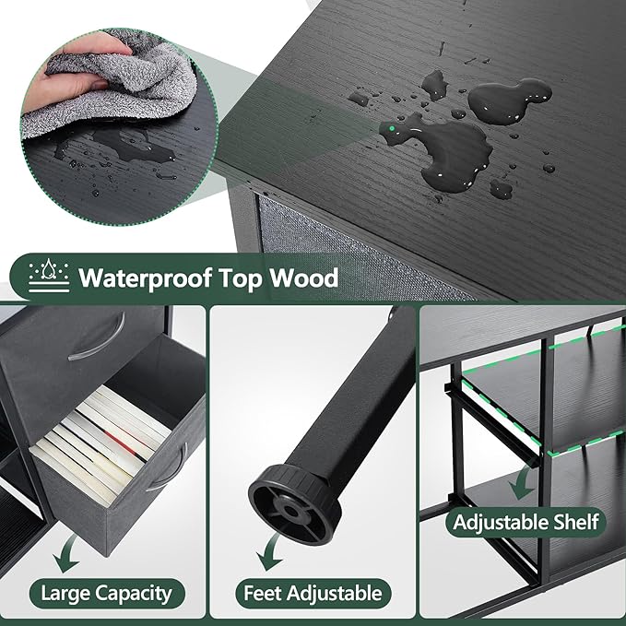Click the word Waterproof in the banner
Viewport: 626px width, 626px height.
[x=144, y=278]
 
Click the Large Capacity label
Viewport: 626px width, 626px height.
[x=107, y=593]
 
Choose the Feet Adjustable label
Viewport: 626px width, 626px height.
[x=313, y=593]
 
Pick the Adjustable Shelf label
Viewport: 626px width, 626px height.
[x=526, y=522]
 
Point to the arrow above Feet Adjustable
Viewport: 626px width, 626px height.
[x=269, y=552]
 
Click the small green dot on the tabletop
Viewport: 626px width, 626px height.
[x=392, y=128]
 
